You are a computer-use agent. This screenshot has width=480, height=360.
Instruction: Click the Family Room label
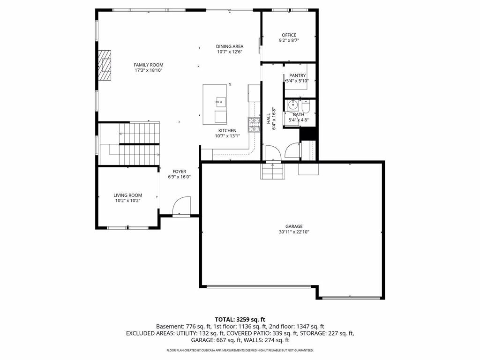pyautogui.click(x=149, y=65)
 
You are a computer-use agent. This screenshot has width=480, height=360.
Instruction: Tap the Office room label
pyautogui.click(x=289, y=35)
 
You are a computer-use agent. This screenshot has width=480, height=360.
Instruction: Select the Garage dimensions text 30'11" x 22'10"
pyautogui.click(x=294, y=232)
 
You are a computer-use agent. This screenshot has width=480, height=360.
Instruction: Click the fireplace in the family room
pyautogui.click(x=105, y=65)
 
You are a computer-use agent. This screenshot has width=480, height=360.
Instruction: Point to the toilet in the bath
pyautogui.click(x=306, y=107)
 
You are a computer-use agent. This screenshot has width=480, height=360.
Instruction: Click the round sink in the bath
pyautogui.click(x=293, y=105)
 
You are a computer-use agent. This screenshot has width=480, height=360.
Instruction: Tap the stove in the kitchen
pyautogui.click(x=254, y=125)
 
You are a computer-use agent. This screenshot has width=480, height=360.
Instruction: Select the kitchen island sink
pyautogui.click(x=220, y=102)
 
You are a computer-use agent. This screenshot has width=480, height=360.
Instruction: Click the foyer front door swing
pyautogui.click(x=181, y=206)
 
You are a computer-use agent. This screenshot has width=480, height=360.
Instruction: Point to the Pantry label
pyautogui.click(x=297, y=75)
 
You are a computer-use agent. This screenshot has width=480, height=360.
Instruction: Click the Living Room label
pyautogui.click(x=127, y=195)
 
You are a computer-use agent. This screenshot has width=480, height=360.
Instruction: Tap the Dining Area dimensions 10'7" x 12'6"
pyautogui.click(x=230, y=52)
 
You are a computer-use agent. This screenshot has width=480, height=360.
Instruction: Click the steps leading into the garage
pyautogui.click(x=272, y=171)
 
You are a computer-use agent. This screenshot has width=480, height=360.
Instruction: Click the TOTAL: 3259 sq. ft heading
pyautogui.click(x=240, y=320)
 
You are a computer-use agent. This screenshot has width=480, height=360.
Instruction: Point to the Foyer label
pyautogui.click(x=179, y=172)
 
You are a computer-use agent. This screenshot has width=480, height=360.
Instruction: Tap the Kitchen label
pyautogui.click(x=227, y=131)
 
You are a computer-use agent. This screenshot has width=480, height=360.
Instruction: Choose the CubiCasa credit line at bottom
pyautogui.click(x=240, y=350)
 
